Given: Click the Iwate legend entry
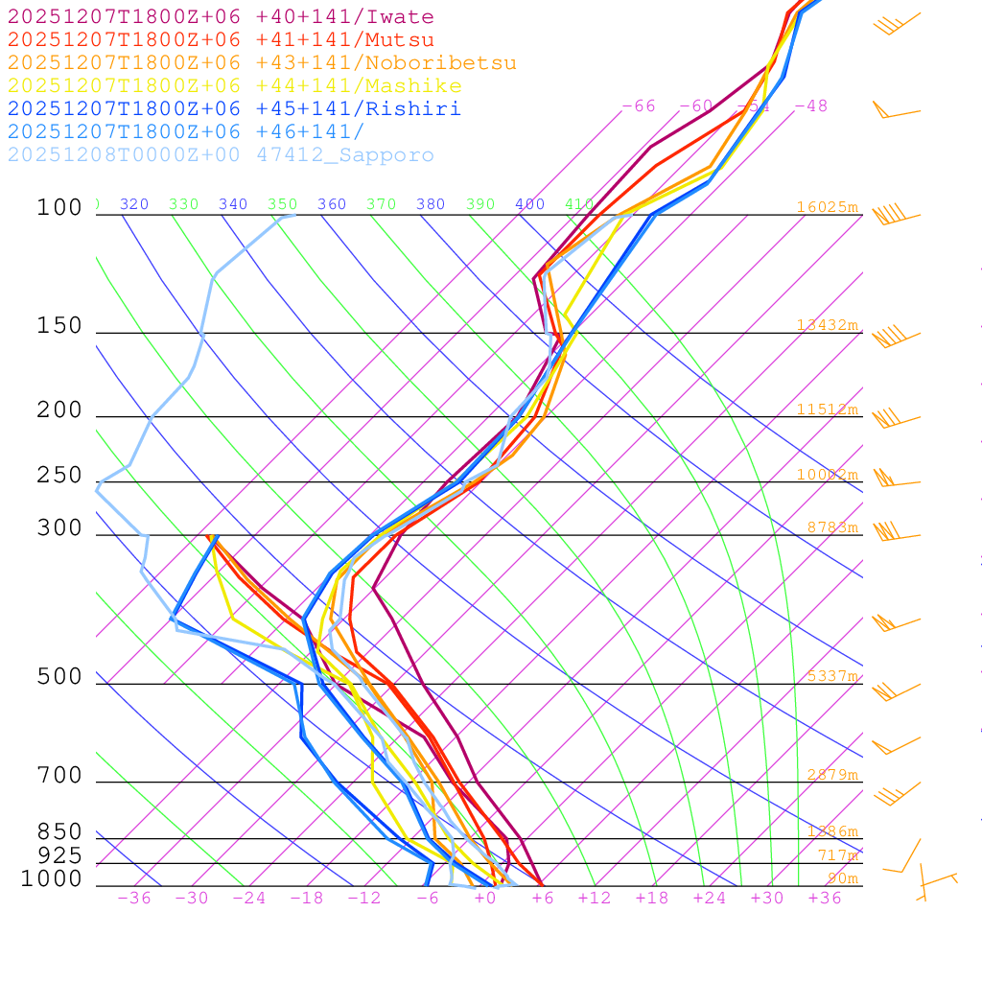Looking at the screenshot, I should coord(221,17).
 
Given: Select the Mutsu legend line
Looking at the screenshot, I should coord(221,40).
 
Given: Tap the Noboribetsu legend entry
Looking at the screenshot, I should coord(262,63).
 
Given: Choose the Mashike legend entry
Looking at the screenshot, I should coord(234,86).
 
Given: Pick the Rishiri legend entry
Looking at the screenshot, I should coord(234,109).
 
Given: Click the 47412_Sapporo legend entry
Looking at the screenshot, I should coord(221,155).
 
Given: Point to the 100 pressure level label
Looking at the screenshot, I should coord(59,207).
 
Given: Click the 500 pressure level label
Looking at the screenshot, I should coord(59,677).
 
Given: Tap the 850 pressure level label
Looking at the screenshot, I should coord(59,832).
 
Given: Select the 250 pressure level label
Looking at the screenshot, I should coord(59,476).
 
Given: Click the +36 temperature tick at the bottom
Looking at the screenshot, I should coord(825,898).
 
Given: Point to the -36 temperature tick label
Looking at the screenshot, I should coord(134,898).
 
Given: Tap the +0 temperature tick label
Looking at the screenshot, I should coord(485,898).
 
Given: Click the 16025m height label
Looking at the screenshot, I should coord(827,207).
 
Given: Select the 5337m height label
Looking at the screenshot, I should coord(831,676).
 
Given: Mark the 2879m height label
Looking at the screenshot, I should coord(831,775).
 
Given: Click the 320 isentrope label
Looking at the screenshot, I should coord(134,204).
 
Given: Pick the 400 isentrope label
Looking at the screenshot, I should coord(529,204).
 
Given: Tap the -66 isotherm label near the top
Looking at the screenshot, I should coord(639,105).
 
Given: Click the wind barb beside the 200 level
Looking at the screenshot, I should coord(887,418).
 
